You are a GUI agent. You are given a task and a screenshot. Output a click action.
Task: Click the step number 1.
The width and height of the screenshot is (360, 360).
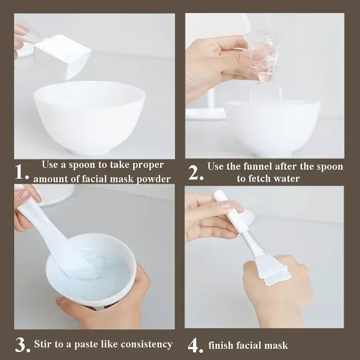22,172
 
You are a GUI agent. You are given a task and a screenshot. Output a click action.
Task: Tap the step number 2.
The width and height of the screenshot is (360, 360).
196,172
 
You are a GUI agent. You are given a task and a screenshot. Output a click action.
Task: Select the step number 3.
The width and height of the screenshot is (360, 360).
22,345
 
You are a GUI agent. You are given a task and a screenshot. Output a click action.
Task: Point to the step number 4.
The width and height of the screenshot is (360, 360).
195,346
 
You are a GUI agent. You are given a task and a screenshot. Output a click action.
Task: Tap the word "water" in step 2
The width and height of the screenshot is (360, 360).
286,179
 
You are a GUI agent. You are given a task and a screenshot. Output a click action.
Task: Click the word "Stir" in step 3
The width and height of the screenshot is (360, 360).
44,345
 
